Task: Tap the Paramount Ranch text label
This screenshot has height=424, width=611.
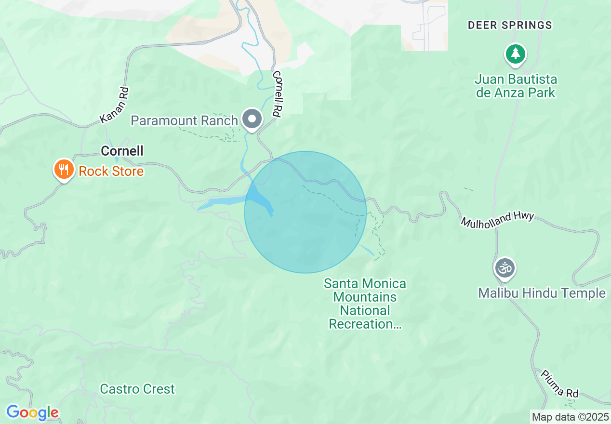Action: click(185, 120)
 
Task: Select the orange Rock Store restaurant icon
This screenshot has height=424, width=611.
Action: click(63, 170)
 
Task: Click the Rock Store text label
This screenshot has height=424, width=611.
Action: click(111, 172)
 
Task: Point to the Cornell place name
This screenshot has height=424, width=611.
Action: click(122, 151)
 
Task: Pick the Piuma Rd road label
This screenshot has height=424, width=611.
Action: click(559, 384)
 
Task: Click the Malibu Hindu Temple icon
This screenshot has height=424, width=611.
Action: click(505, 268)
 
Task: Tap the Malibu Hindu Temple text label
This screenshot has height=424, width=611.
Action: click(542, 293)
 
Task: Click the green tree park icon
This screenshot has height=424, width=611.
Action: click(516, 53)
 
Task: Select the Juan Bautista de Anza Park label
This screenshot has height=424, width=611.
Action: click(516, 86)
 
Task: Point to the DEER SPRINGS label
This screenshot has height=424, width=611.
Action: click(510, 25)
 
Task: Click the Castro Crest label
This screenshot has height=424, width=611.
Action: click(137, 389)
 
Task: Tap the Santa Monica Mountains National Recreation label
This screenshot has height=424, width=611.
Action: click(365, 304)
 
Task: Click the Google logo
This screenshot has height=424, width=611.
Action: click(32, 412)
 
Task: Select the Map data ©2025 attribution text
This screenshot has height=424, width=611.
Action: click(571, 417)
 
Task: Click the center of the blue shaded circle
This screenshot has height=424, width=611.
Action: click(305, 212)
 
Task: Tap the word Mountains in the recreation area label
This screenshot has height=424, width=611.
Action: click(365, 297)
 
